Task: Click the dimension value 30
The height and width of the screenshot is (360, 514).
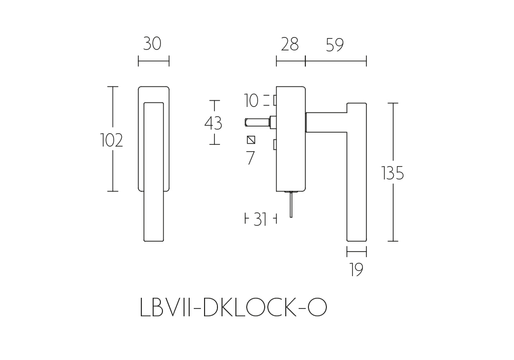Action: [152, 44]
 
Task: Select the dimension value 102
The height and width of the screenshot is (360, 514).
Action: [112, 140]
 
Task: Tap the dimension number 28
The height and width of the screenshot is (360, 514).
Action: [290, 44]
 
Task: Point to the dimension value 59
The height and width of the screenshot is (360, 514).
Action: [335, 45]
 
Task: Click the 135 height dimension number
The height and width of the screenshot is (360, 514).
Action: [393, 173]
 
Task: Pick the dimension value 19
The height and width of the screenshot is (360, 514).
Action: [356, 270]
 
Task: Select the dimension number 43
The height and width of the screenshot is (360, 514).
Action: [213, 123]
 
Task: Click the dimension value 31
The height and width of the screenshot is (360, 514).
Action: [260, 220]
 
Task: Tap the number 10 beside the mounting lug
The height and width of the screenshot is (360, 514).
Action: [251, 101]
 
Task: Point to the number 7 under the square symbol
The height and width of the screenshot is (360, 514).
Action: [250, 158]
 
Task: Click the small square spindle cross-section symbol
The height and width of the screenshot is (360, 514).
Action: [251, 140]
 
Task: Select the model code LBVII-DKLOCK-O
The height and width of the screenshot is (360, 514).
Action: [233, 307]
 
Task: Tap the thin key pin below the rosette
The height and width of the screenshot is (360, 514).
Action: [291, 204]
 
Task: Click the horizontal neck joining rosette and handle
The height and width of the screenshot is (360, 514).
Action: [326, 122]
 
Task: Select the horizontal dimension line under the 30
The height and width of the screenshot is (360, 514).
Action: [154, 61]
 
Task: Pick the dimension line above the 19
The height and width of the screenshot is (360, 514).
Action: [357, 251]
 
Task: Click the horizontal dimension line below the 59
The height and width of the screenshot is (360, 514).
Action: [336, 61]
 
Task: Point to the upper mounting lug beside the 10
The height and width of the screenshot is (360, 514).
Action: [275, 101]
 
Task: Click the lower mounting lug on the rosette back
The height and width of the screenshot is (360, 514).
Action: [275, 145]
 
